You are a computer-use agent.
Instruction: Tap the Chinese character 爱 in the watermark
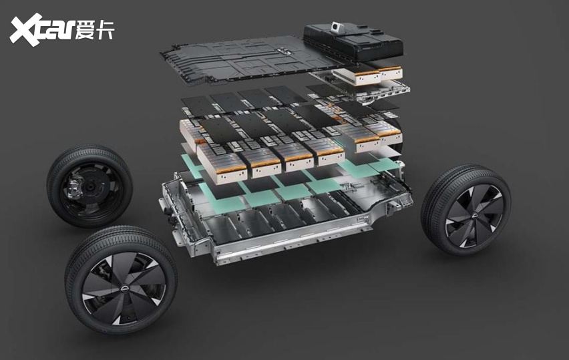(85, 29)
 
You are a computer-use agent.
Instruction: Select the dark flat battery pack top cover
(246, 60)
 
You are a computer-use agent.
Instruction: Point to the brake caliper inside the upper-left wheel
(75, 182)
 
